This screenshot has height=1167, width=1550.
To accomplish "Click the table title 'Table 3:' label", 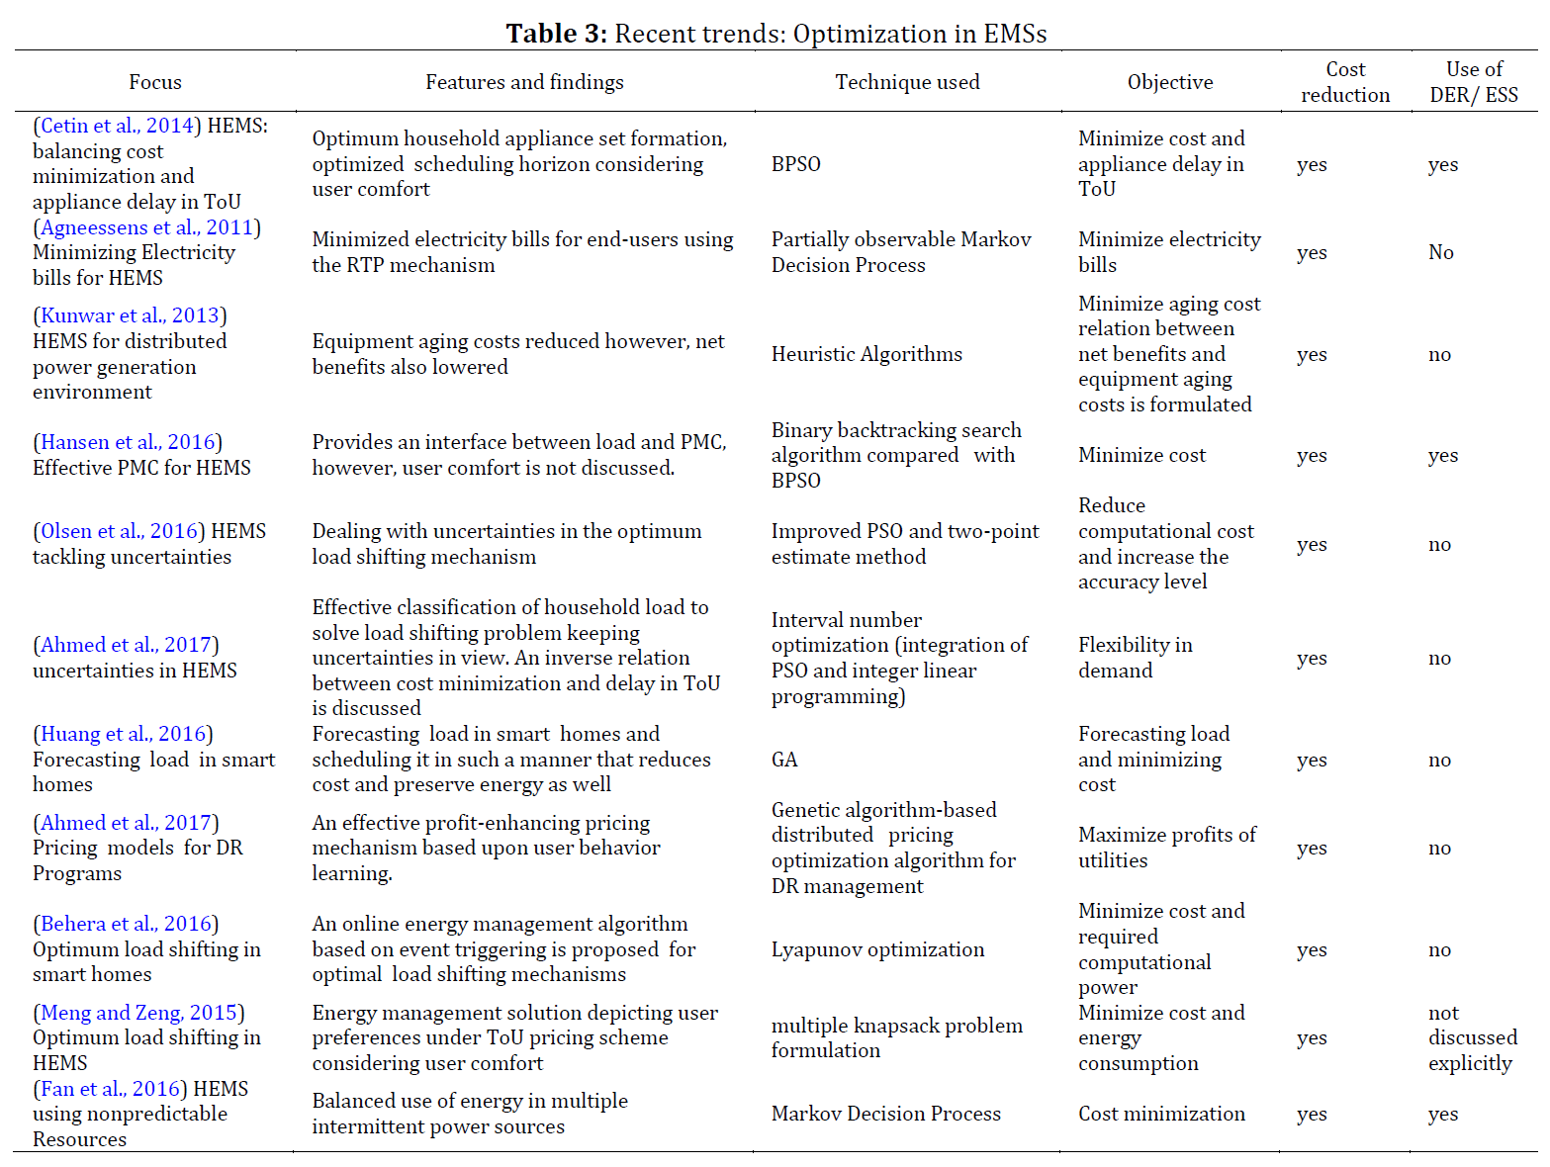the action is tap(557, 34).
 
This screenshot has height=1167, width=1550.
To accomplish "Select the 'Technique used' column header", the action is tap(907, 82).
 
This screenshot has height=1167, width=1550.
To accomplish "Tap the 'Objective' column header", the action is tap(1170, 82).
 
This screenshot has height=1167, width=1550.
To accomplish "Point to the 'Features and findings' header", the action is tap(524, 82).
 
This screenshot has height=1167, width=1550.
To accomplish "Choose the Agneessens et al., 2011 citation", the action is tap(146, 227).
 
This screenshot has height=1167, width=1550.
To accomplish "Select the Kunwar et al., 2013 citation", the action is tap(130, 315).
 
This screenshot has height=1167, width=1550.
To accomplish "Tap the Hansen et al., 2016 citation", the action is tap(128, 442).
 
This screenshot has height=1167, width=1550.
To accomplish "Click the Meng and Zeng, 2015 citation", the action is tap(138, 1013).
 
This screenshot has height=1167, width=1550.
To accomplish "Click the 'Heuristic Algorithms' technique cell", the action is tap(866, 354).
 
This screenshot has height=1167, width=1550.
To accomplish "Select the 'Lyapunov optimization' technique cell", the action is tap(877, 949).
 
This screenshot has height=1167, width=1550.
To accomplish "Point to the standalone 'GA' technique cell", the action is tap(784, 760).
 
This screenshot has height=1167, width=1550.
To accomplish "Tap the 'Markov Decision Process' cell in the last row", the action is tap(886, 1114).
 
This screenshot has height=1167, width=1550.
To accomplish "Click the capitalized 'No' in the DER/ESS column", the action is tap(1441, 252).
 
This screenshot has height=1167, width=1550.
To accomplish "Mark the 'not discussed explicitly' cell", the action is tap(1472, 1037).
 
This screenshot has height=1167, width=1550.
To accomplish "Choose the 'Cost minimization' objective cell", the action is tap(1161, 1114).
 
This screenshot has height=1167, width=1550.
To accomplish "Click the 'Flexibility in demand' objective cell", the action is tap(1136, 658).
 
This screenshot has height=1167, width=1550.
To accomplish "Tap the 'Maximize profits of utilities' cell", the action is tap(1167, 848).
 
